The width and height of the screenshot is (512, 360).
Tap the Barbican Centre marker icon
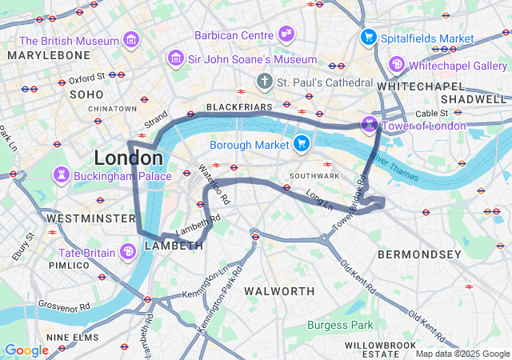[286, 34]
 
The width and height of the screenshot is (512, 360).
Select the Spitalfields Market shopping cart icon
[368, 37]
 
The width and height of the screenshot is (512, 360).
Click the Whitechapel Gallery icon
[396, 64]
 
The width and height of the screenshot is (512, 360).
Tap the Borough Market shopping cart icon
[301, 144]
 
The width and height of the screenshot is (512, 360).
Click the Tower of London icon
[369, 124]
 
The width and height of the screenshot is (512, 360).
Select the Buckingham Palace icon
[61, 174]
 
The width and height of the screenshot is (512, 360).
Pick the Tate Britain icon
[128, 252]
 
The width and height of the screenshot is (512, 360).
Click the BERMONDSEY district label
[420, 254]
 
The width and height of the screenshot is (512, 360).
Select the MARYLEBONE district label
[49, 54]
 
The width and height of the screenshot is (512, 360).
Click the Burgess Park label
[340, 325]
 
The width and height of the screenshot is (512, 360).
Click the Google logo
[26, 350]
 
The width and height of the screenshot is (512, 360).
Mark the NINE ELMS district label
[71, 338]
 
